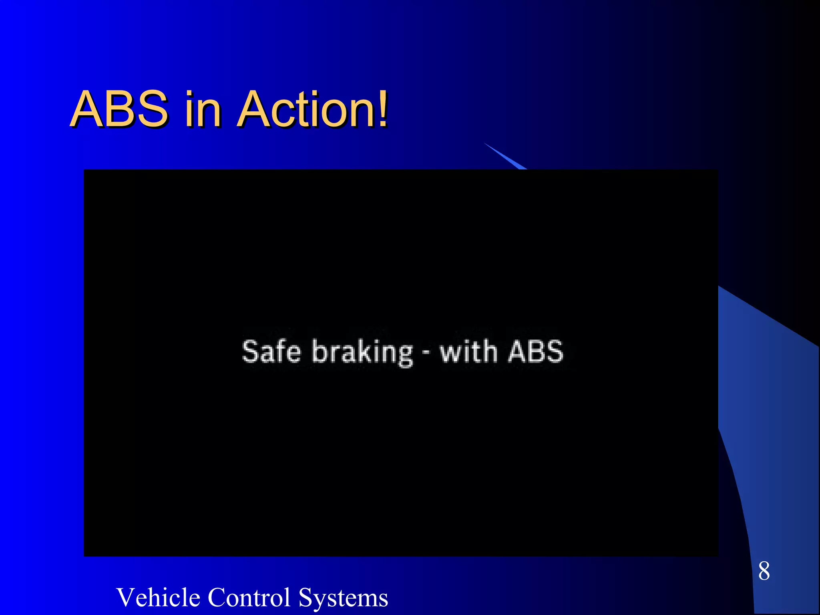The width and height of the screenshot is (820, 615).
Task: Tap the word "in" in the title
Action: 203,109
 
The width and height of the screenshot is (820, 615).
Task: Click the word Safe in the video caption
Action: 271,352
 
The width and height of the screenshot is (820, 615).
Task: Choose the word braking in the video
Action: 362,352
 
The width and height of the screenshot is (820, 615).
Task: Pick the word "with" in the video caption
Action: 469,351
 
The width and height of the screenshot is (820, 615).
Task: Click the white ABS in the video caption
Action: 536,352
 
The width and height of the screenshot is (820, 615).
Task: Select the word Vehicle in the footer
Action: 158,597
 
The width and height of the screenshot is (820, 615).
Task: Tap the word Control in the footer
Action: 249,597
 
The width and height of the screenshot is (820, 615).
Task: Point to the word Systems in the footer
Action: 343,598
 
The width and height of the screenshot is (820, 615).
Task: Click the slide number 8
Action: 764,571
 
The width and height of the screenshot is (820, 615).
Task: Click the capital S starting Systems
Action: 306,597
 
